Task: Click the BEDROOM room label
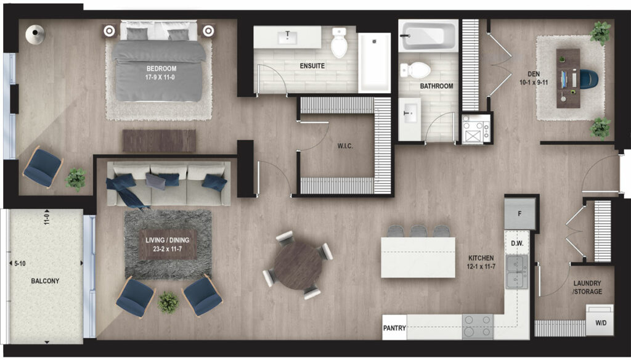tap(161, 68)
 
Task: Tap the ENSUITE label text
tap(312, 65)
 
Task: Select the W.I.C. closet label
tap(345, 145)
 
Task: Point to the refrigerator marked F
tap(520, 214)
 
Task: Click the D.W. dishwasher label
tap(517, 243)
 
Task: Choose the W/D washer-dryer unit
tap(600, 320)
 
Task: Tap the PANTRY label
tap(394, 328)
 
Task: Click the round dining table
tap(298, 265)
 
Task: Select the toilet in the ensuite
tap(339, 42)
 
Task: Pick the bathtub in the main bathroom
tap(428, 35)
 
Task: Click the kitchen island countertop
tap(418, 257)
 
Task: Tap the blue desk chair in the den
tap(588, 79)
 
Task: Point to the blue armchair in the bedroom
tap(43, 167)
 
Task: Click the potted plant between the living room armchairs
tap(168, 302)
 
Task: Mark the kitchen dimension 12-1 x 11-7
tap(481, 266)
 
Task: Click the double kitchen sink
tap(517, 272)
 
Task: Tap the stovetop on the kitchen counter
tap(478, 325)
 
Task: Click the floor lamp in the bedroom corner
tap(35, 34)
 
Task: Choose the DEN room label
tap(534, 74)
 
